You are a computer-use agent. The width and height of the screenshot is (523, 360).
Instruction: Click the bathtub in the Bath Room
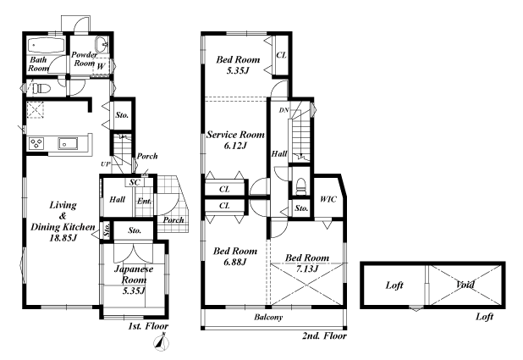coord(46,45)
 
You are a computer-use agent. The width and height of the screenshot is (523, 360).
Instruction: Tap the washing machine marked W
coord(101,67)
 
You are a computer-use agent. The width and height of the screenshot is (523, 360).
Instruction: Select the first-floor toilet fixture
coord(41,88)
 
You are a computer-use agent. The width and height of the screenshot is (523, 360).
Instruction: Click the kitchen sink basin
coord(68,143)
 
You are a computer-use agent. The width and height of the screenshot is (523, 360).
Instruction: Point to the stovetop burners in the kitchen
coord(36,143)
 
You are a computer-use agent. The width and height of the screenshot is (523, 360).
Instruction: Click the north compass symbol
coord(162,342)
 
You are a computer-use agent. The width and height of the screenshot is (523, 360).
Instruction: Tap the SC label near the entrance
coord(134,182)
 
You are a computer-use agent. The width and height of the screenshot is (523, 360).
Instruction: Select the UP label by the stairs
coord(106,164)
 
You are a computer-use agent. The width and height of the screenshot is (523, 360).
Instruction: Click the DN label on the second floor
coord(284,110)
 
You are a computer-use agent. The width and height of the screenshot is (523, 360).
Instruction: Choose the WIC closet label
coord(328,199)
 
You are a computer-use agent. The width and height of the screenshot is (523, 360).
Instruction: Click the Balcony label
coord(268,317)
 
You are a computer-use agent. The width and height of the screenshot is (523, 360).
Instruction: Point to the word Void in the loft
coord(465,285)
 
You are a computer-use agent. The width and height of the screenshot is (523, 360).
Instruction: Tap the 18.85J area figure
coord(63,238)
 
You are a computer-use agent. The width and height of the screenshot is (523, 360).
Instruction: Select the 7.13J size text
coord(307,269)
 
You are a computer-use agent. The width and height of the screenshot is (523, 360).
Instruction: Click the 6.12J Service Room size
coord(235,146)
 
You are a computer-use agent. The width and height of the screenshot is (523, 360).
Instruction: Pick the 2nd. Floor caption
coord(324,335)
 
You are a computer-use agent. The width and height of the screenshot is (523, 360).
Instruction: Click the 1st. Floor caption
coord(148,326)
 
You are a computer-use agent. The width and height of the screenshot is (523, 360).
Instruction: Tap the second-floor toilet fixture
coord(301,186)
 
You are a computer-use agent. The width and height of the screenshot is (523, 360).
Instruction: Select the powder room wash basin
coord(102,44)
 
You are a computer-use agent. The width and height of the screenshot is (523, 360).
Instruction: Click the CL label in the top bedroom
coord(281,55)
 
